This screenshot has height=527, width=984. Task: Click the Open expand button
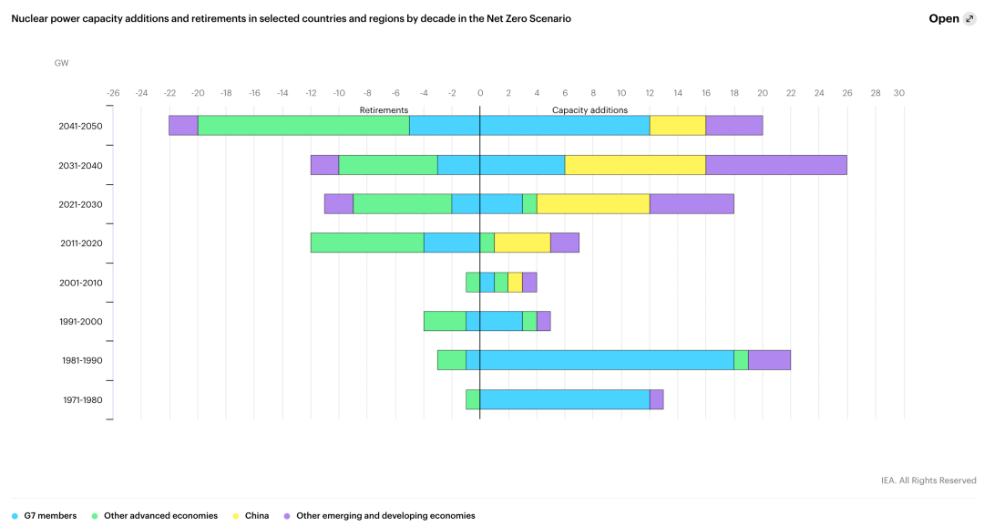click(951, 18)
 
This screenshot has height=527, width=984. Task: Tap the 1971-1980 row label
click(82, 399)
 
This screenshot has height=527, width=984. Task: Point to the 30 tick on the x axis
click(898, 93)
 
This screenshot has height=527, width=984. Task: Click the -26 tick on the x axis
click(113, 93)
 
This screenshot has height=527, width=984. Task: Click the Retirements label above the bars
click(384, 109)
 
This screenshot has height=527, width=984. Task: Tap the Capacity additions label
click(589, 109)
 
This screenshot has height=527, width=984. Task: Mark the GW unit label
click(61, 63)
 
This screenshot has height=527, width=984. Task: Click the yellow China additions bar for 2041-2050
click(678, 126)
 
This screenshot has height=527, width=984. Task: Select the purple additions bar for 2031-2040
click(776, 165)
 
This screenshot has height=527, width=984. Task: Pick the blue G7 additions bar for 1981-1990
click(607, 360)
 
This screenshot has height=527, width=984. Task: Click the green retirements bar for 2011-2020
click(367, 243)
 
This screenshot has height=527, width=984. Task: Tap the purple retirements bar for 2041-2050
click(183, 126)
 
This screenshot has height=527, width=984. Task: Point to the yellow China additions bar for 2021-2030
click(593, 204)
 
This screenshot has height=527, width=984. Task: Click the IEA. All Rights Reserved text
click(928, 480)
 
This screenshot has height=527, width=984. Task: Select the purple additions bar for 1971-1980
click(656, 399)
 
